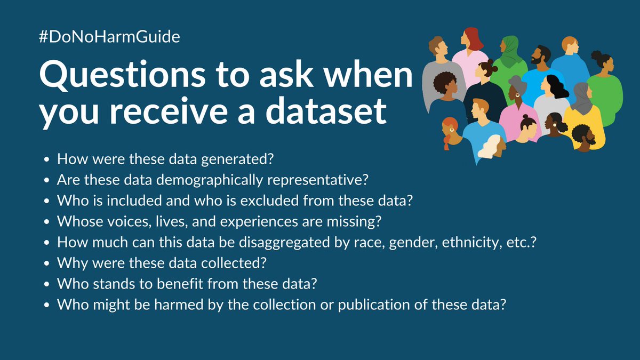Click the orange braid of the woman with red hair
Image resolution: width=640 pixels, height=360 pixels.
click(x=447, y=142)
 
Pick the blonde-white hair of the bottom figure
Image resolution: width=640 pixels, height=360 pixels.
click(x=491, y=147)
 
